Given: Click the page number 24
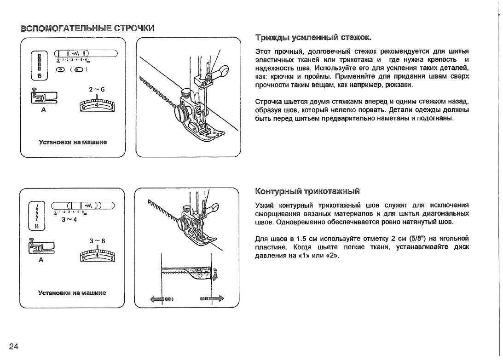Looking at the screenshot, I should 13,346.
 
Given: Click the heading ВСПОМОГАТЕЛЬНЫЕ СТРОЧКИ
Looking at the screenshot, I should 87,28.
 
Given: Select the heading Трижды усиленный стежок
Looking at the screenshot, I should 313,37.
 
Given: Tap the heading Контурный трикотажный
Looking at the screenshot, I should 307,191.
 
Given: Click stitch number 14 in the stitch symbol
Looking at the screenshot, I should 37,226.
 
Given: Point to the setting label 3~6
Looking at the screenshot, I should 97,241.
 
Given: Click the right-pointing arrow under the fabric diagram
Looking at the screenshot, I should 216,298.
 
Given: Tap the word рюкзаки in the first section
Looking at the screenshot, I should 399,85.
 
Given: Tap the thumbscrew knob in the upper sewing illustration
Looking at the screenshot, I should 181,112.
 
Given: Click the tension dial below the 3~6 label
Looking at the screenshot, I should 97,254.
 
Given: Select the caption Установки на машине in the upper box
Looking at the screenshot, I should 73,142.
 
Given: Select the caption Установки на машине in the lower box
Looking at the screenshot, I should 72,292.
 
